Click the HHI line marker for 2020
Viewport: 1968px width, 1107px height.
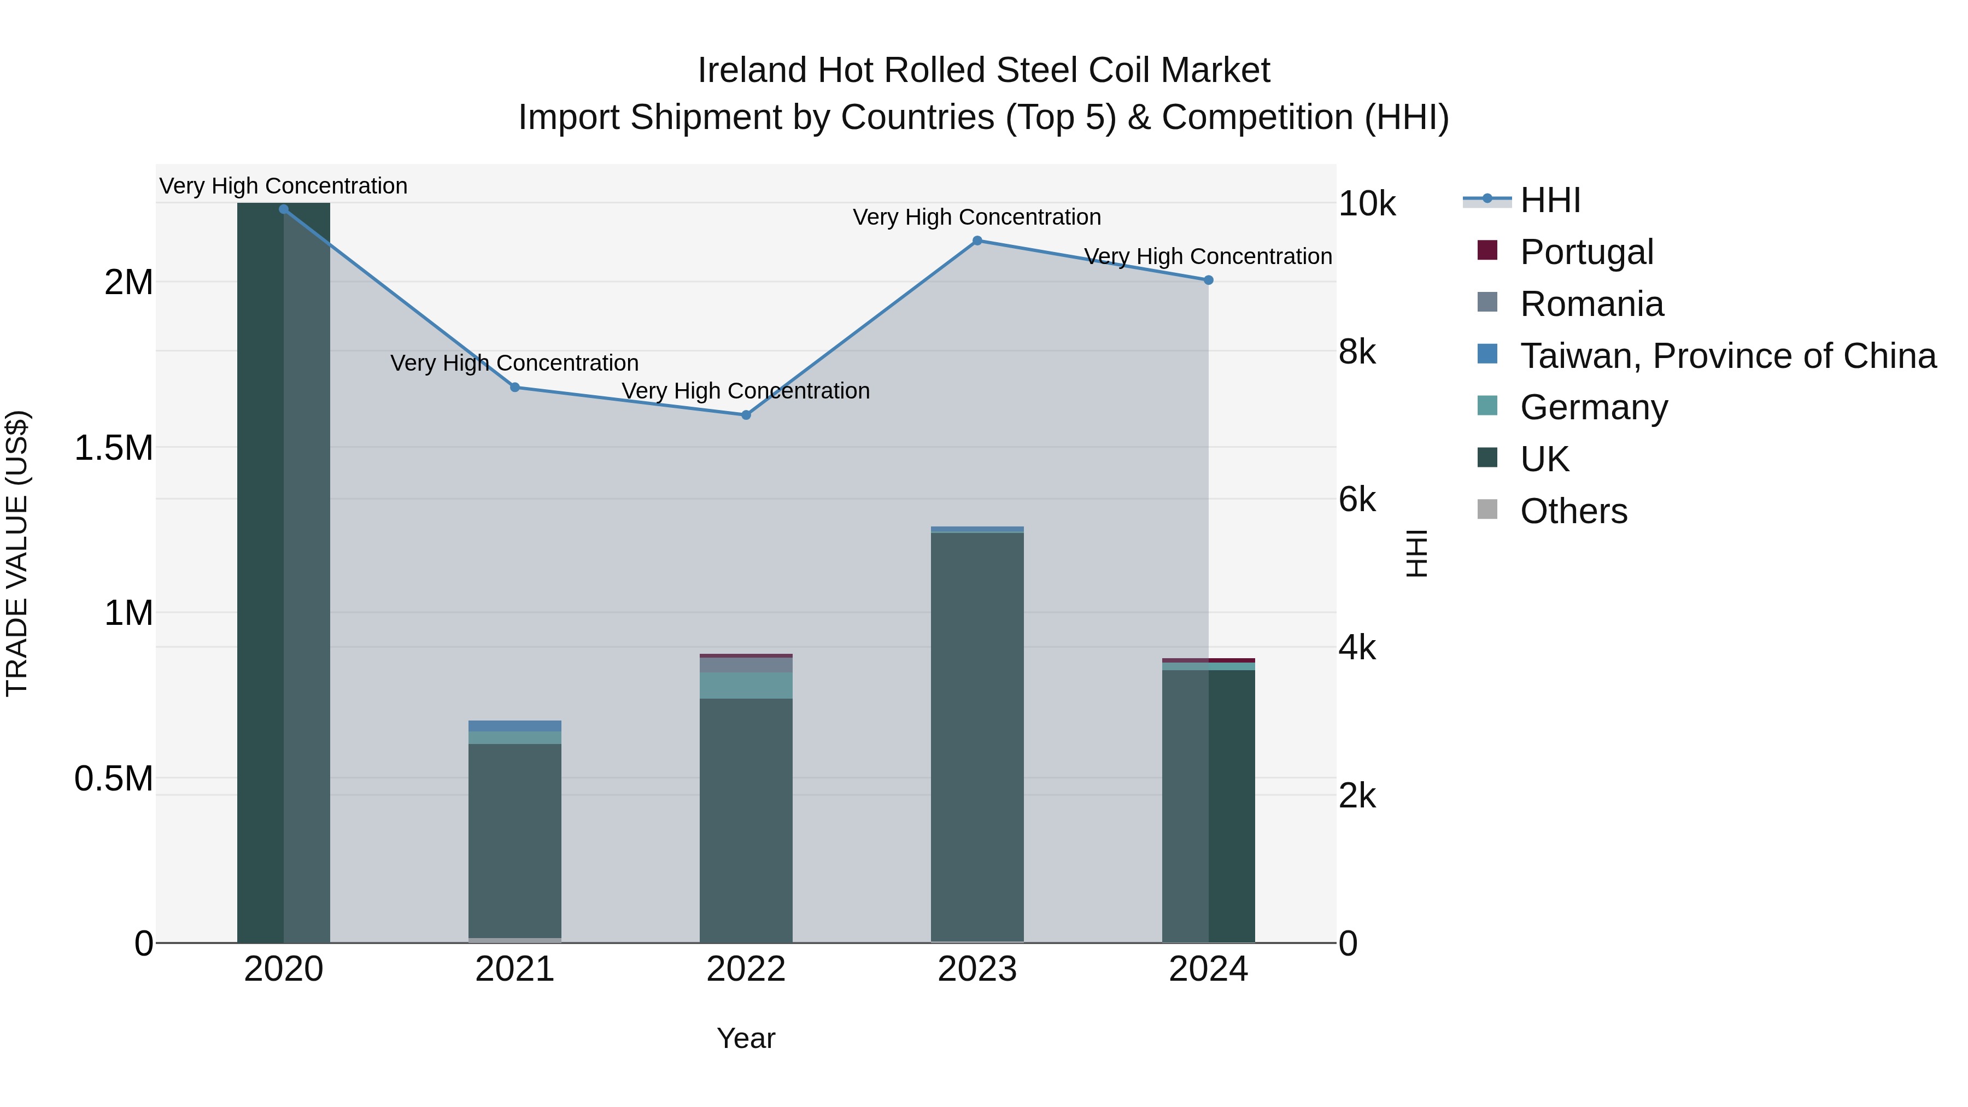(283, 209)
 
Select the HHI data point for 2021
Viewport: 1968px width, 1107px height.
(515, 388)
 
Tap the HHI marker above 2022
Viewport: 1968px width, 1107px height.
(746, 415)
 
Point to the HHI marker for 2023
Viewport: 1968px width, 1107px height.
(977, 241)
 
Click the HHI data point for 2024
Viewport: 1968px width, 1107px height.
(1209, 280)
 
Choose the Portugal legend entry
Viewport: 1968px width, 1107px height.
(1586, 252)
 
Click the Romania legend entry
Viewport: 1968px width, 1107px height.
(1591, 304)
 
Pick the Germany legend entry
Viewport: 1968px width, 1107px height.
(1594, 407)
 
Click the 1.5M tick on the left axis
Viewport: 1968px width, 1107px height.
(114, 448)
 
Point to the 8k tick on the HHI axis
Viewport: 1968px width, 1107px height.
(1357, 352)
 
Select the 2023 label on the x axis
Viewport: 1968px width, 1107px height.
(977, 969)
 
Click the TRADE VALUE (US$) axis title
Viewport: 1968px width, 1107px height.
(17, 553)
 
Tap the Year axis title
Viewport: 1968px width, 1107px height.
(746, 1038)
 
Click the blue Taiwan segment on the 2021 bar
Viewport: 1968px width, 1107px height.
(515, 726)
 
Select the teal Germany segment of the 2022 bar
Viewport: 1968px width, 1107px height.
(746, 686)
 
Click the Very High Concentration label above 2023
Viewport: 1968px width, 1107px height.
(976, 217)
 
